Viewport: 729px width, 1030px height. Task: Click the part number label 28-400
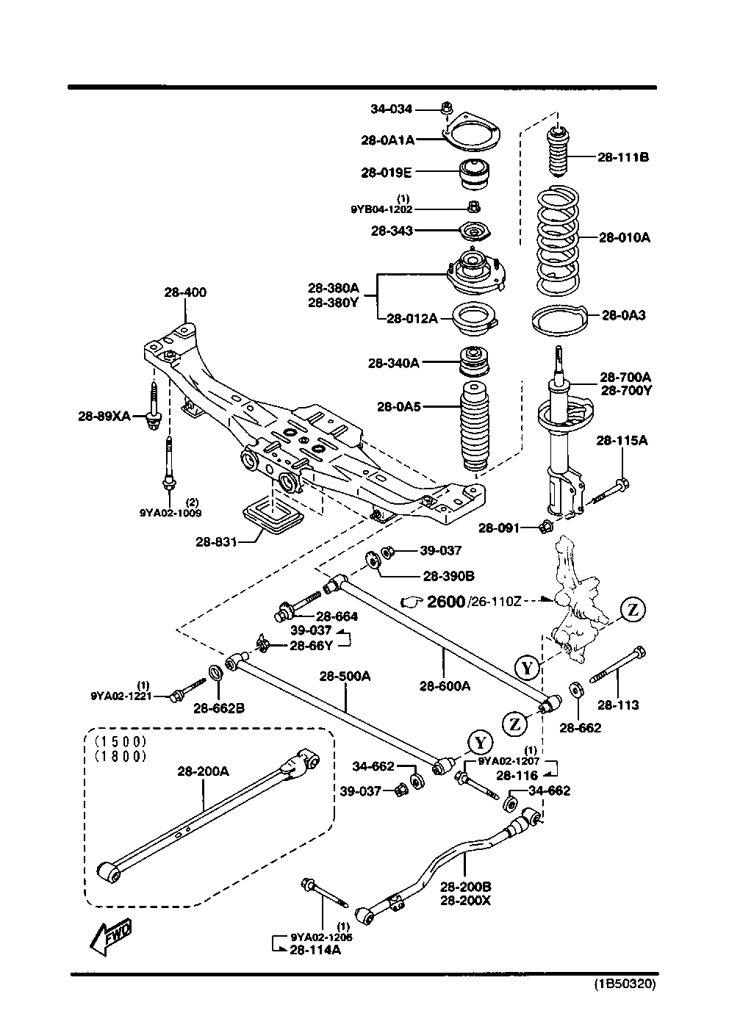185,292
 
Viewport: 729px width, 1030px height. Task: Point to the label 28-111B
622,156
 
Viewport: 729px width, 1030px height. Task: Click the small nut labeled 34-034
445,109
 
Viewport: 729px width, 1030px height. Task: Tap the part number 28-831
216,542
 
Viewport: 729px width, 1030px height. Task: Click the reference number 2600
445,602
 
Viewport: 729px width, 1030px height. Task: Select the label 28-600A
445,686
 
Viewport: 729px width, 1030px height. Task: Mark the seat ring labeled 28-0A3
559,320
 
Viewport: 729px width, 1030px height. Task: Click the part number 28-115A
622,440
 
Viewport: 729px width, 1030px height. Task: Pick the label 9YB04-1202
386,209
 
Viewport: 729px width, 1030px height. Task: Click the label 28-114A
315,950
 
